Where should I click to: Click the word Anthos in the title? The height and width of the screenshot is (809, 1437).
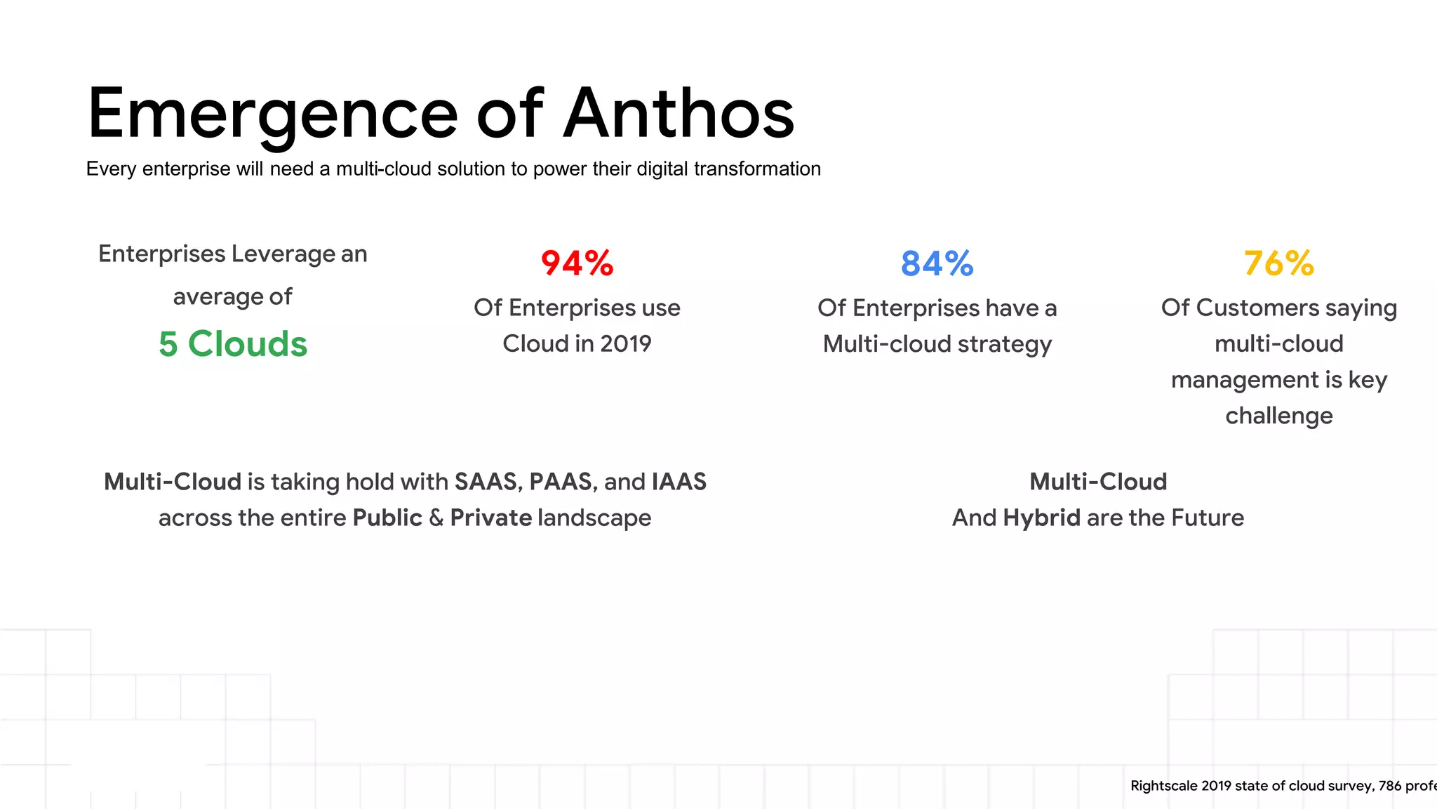click(679, 114)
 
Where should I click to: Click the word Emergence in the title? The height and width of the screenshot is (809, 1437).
click(272, 114)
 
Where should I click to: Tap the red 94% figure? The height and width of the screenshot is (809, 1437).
click(577, 264)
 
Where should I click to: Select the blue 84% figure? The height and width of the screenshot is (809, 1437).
click(937, 264)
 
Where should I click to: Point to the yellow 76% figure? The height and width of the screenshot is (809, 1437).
click(1278, 264)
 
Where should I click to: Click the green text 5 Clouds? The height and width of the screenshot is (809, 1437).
click(233, 344)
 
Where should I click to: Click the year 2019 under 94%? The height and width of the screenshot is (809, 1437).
click(625, 344)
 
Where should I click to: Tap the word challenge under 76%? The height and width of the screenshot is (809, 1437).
click(1278, 416)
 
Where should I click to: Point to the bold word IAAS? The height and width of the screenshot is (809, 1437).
click(679, 482)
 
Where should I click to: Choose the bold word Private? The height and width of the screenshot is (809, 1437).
click(490, 518)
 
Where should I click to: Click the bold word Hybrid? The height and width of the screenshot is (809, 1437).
click(1041, 518)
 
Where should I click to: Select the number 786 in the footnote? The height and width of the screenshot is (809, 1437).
click(1389, 786)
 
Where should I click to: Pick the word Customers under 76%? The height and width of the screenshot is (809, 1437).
click(1257, 308)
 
